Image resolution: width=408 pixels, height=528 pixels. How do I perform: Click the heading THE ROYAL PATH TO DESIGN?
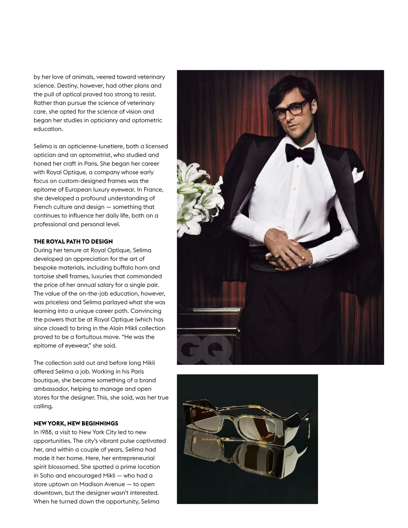[73, 242]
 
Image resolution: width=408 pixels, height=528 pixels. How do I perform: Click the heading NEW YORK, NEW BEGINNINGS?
[76, 423]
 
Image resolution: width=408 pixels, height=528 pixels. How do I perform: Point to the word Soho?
[47, 475]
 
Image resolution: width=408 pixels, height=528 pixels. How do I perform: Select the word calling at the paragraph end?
[43, 406]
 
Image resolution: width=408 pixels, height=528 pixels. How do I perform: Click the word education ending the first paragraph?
[48, 129]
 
